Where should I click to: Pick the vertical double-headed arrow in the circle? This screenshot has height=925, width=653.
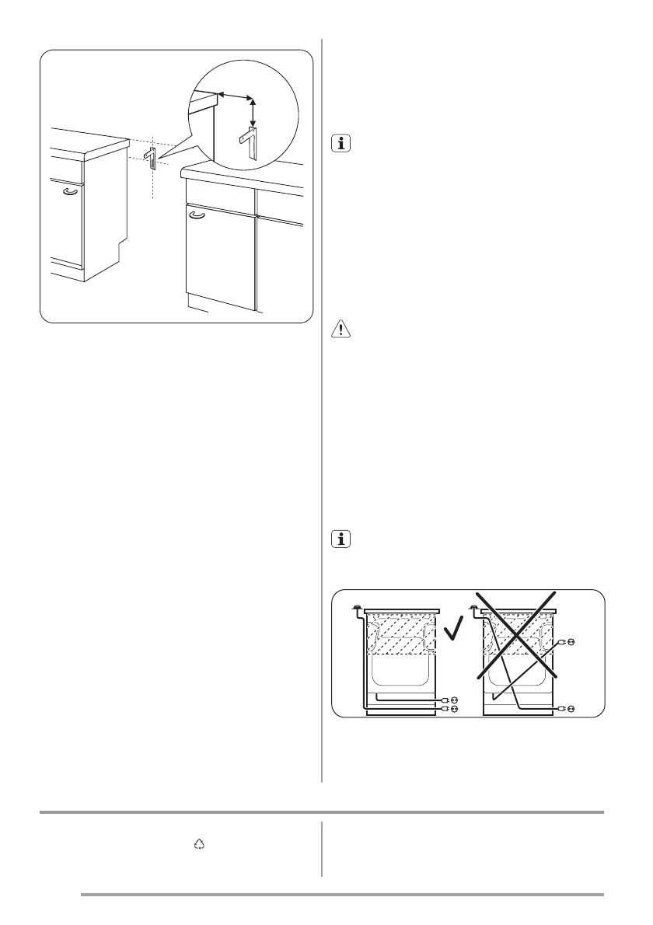click(253, 110)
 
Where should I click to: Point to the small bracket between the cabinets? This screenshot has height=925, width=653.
click(151, 158)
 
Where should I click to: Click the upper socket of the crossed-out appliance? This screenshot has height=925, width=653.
click(570, 642)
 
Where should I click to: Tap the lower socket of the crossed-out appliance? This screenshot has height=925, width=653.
click(570, 709)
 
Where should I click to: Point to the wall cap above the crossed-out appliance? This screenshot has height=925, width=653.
click(473, 609)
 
